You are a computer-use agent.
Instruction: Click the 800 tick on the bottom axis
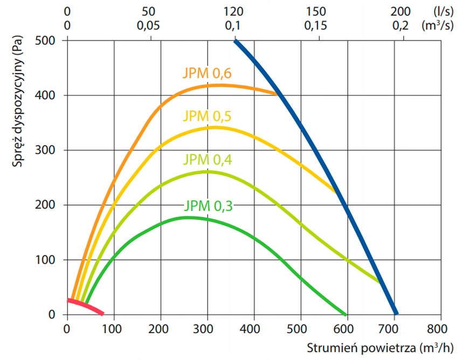440,327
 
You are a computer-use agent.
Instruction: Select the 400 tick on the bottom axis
253,327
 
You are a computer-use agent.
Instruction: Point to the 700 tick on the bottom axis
394,327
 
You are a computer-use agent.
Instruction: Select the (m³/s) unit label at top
444,25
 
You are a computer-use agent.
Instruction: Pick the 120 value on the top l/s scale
233,11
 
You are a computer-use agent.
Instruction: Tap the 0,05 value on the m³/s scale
150,25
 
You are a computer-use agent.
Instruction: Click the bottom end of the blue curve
396,313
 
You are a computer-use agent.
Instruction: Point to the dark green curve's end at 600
345,314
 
